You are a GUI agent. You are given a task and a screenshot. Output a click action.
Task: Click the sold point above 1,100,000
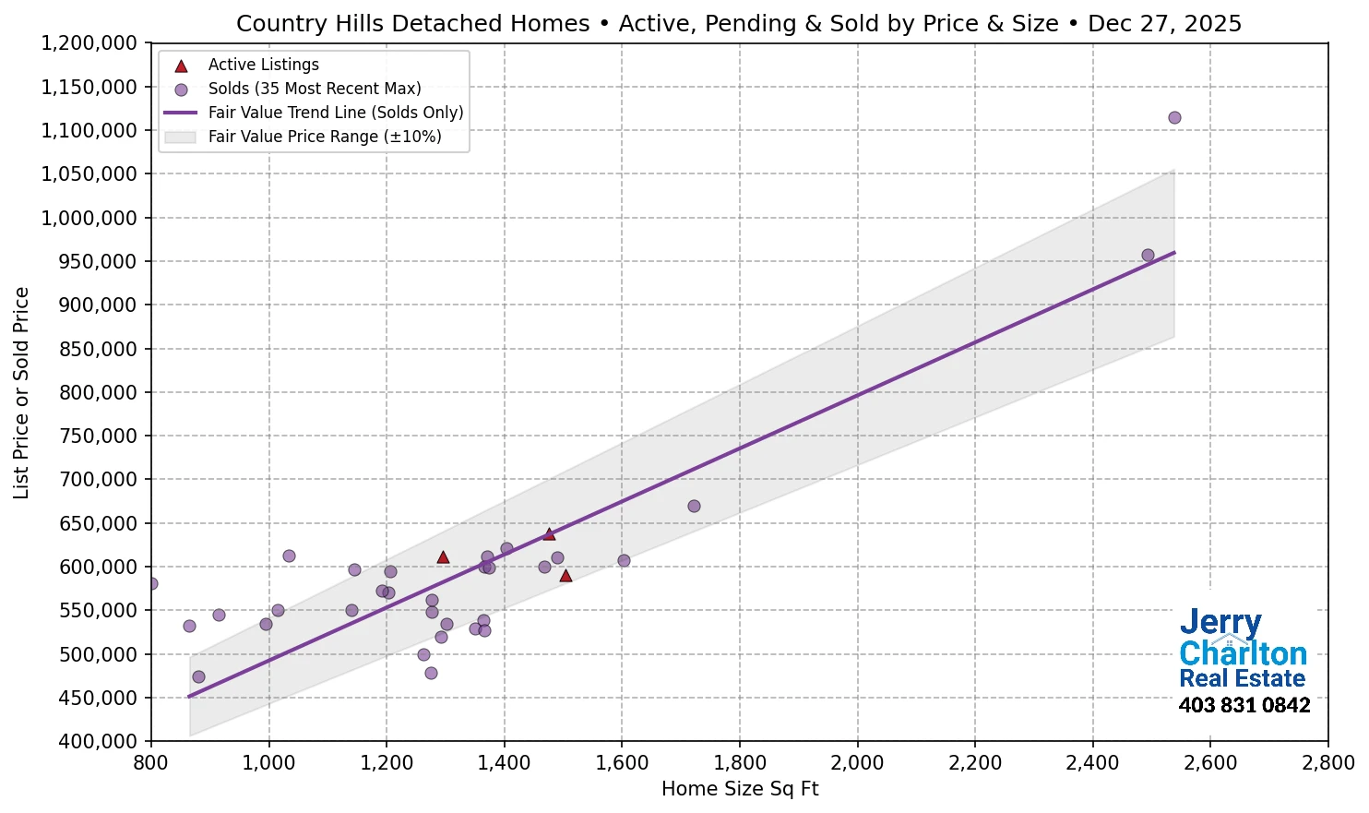click(x=1174, y=117)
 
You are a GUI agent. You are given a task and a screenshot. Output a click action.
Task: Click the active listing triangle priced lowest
click(x=565, y=576)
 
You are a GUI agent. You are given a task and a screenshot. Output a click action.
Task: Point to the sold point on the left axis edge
click(x=152, y=583)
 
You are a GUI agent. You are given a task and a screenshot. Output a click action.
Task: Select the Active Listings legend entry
click(x=263, y=65)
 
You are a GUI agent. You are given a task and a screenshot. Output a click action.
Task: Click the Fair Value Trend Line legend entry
click(x=335, y=113)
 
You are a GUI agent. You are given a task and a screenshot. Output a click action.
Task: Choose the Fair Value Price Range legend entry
click(x=324, y=137)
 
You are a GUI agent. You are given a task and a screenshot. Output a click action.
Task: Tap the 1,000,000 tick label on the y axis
click(x=89, y=218)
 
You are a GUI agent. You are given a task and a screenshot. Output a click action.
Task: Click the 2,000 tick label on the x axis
click(x=857, y=763)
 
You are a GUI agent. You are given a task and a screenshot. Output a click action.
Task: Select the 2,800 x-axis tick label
click(x=1327, y=763)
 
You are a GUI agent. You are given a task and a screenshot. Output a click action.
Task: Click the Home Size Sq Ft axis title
click(x=740, y=789)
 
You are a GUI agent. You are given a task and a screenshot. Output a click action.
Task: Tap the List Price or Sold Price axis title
click(x=21, y=392)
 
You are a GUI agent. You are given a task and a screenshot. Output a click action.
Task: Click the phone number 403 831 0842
click(x=1244, y=705)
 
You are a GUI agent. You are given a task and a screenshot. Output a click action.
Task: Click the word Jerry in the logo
click(x=1220, y=623)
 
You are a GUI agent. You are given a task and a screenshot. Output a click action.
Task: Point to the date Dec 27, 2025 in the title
click(x=1164, y=23)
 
